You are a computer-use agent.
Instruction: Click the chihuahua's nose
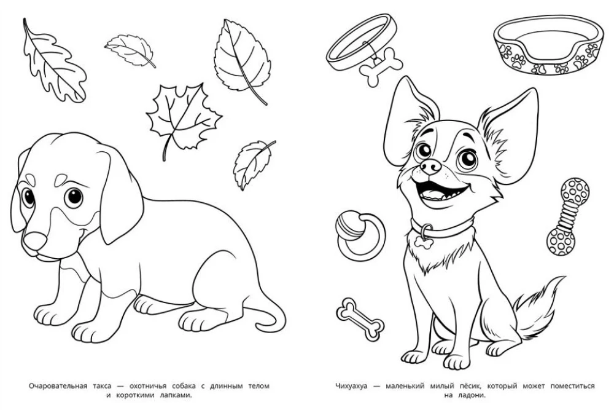point(430,167)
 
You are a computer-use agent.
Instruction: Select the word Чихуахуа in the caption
point(351,386)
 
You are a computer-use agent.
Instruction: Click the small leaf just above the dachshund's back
point(252,165)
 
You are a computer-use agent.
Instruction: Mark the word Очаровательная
point(58,385)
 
